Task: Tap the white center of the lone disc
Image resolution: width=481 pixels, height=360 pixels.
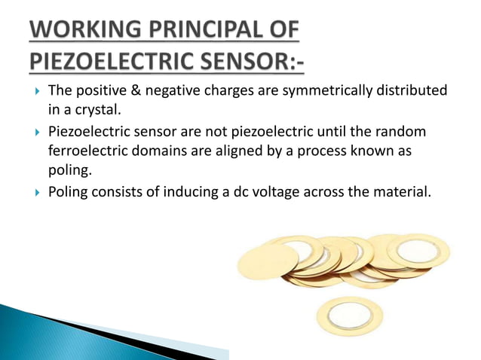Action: (x=350, y=316)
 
